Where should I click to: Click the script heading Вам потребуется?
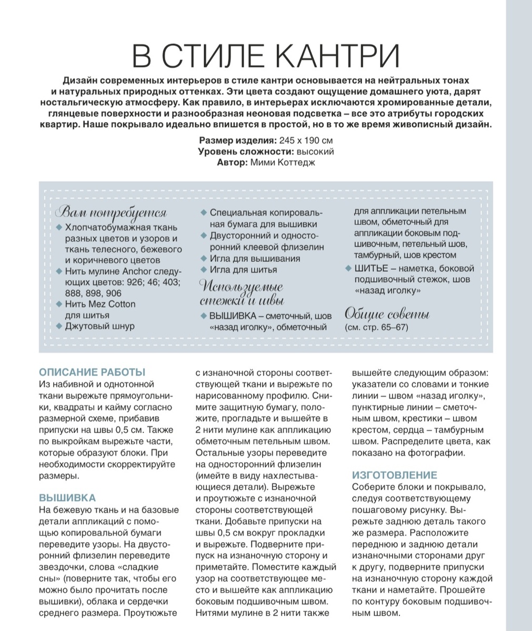pos(111,212)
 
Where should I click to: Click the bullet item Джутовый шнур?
pos(99,326)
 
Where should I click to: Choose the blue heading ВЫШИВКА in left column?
pos(67,497)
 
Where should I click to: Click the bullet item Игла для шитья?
pos(243,270)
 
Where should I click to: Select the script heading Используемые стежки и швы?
pos(242,294)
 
